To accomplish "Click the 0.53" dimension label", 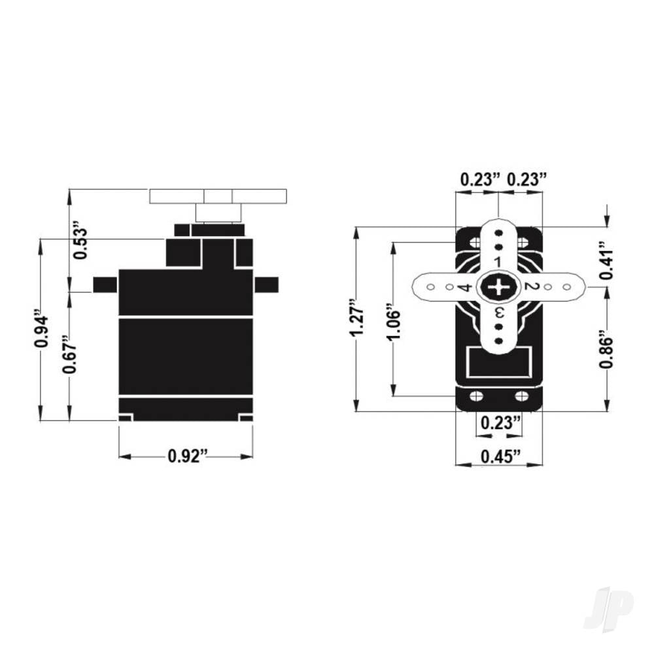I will click(x=80, y=241).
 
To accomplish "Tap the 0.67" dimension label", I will click(x=70, y=357).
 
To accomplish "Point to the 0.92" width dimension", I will click(x=187, y=456).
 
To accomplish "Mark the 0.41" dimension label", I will click(x=606, y=264).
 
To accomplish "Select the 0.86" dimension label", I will click(x=606, y=353).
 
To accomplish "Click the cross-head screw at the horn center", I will click(x=499, y=287).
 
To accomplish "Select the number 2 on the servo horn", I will click(x=530, y=287).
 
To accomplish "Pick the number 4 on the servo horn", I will click(x=465, y=288).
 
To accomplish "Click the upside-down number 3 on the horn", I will click(x=498, y=313).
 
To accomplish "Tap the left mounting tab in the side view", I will click(x=105, y=284).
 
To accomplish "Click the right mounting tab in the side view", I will click(x=266, y=284).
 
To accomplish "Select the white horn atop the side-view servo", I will click(x=218, y=196).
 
